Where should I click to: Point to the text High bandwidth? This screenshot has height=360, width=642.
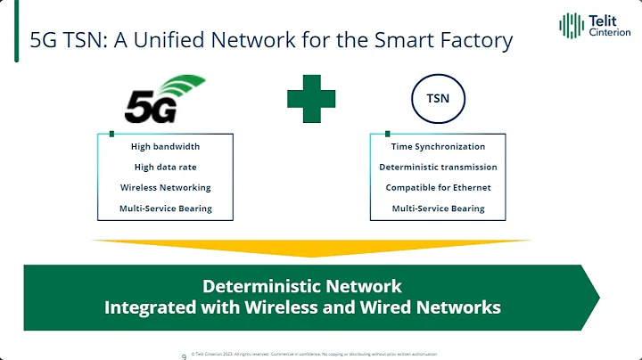click(166, 146)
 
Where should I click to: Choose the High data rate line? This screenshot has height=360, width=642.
click(166, 167)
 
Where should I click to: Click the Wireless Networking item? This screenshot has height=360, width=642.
click(166, 187)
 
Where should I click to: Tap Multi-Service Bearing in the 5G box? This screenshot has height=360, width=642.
click(166, 209)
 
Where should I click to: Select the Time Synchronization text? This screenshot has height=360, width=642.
click(438, 146)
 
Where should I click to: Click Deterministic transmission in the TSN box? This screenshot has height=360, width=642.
click(438, 167)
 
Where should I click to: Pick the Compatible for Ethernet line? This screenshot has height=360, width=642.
click(438, 187)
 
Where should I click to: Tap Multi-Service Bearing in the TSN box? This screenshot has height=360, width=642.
click(438, 209)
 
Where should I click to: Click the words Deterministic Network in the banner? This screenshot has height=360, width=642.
click(302, 286)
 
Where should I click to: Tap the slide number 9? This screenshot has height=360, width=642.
click(183, 355)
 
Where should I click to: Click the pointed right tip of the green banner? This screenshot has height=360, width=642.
click(596, 297)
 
